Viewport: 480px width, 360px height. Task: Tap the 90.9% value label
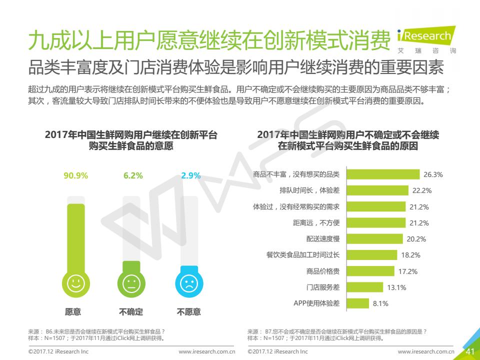click(75, 175)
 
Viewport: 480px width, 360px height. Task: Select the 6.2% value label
click(133, 175)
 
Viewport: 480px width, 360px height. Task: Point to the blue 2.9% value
click(190, 175)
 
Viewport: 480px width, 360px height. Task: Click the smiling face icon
click(75, 284)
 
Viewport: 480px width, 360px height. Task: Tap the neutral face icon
click(131, 284)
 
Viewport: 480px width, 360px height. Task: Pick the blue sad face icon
click(188, 284)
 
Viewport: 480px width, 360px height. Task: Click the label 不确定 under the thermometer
click(131, 312)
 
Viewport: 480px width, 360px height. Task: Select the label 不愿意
click(188, 312)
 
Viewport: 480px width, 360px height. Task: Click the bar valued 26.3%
click(383, 174)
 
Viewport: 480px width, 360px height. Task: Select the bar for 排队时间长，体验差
click(377, 190)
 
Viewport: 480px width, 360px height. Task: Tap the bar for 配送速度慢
click(374, 239)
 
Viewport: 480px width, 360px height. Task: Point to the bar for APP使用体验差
click(358, 303)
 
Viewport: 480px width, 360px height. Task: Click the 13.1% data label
click(396, 287)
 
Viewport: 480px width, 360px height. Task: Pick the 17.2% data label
click(407, 271)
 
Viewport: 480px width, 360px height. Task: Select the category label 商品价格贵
click(323, 271)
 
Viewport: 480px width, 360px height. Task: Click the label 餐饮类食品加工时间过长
click(303, 255)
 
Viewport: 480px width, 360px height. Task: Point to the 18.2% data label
click(410, 255)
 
